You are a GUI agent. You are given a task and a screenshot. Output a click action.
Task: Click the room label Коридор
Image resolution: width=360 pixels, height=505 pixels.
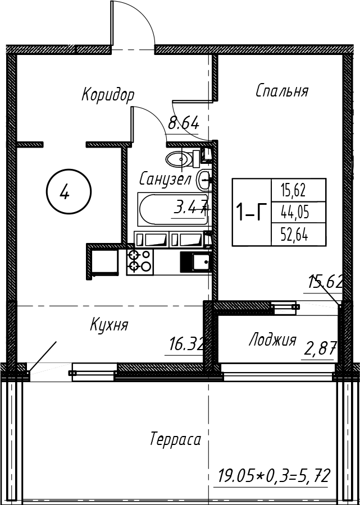click(108, 94)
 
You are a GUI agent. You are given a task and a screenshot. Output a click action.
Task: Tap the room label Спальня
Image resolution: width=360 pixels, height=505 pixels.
click(281, 91)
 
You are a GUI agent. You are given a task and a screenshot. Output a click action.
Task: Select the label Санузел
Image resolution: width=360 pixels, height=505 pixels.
click(166, 180)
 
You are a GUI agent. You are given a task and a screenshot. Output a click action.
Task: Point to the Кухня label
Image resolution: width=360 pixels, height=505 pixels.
click(109, 325)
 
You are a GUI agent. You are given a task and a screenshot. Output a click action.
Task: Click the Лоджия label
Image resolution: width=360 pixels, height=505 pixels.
click(272, 340)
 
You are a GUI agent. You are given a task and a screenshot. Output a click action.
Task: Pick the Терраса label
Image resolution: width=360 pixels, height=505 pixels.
click(175, 439)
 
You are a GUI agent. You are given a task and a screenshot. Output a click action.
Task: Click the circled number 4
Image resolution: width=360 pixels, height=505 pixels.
click(65, 194)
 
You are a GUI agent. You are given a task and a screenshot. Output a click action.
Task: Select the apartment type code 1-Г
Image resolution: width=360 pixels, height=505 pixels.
click(251, 213)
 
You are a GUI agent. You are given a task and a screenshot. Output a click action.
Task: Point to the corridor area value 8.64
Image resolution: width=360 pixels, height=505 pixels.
click(184, 123)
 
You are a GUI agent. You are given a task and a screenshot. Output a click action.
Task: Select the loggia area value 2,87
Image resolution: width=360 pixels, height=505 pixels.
click(320, 350)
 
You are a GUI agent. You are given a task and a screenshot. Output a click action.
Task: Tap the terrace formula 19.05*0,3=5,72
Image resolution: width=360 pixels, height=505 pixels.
click(273, 477)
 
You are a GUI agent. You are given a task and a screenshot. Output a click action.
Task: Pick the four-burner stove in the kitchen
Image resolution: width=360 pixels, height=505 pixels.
click(140, 261)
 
